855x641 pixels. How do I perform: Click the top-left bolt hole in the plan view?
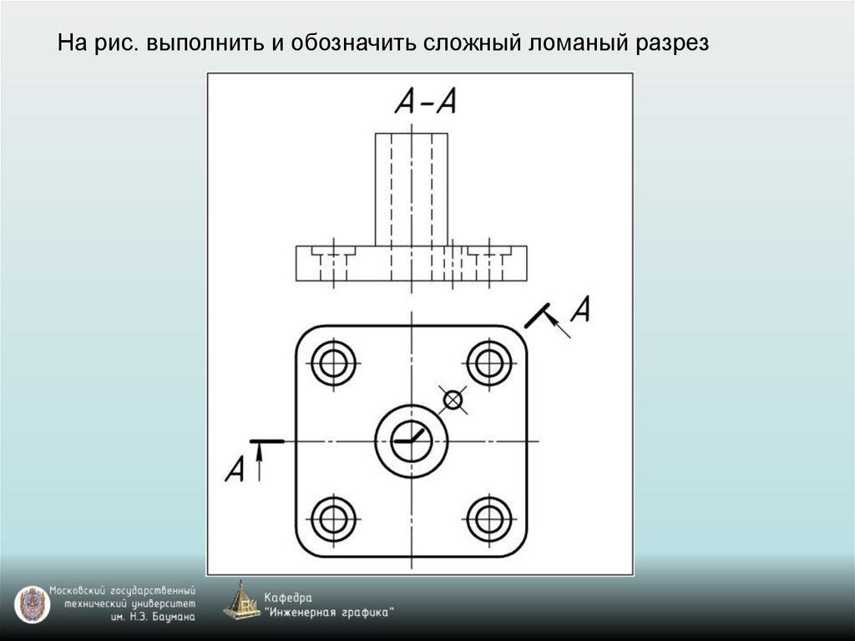coord(333,363)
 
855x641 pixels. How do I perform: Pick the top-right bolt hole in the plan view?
coord(489,363)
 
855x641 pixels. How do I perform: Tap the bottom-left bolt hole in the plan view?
coord(333,519)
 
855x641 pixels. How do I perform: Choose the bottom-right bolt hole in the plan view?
coord(489,519)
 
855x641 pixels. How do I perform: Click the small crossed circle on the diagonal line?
coord(453,400)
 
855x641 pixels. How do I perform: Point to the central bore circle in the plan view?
coord(412,440)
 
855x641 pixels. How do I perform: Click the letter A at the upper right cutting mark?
coord(579,309)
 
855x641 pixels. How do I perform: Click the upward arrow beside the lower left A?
coord(260,461)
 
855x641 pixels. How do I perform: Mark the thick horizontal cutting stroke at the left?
coord(268,440)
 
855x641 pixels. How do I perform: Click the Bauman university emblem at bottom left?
coord(32,605)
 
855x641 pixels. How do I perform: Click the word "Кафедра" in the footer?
coord(288,598)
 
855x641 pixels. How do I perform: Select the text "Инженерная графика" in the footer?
coord(329,613)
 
